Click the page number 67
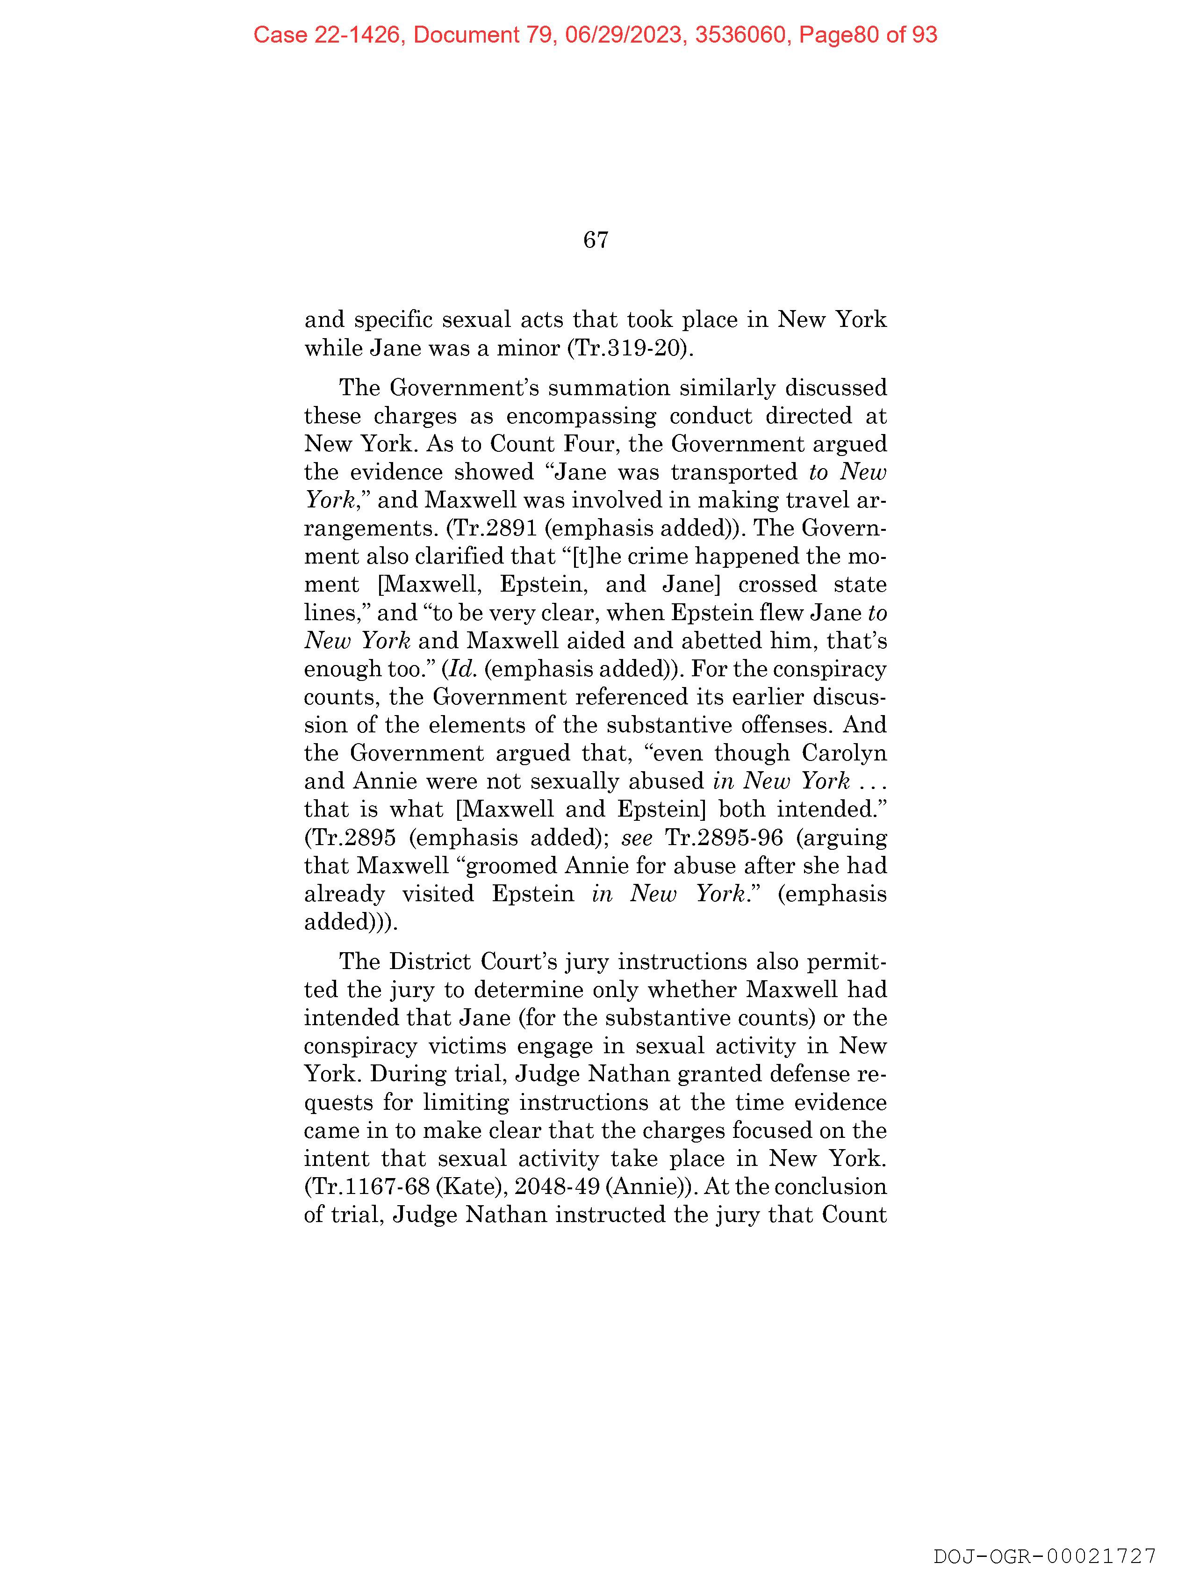(595, 240)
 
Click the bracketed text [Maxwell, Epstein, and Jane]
(544, 584)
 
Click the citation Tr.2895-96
(724, 838)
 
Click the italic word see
(637, 838)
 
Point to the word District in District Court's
(430, 962)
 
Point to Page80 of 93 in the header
(868, 35)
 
